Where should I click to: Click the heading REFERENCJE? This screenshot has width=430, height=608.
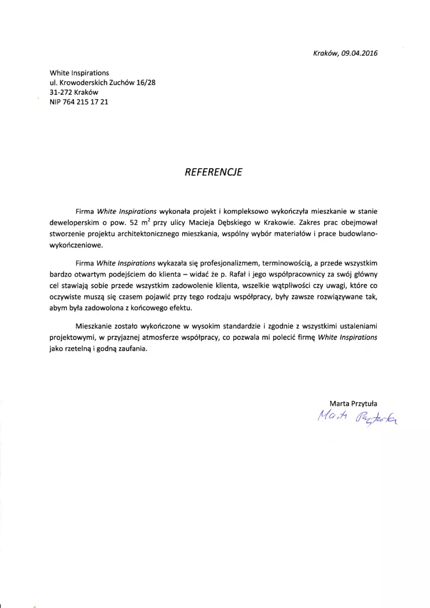215,172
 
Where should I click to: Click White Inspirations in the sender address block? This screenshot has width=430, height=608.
80,73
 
